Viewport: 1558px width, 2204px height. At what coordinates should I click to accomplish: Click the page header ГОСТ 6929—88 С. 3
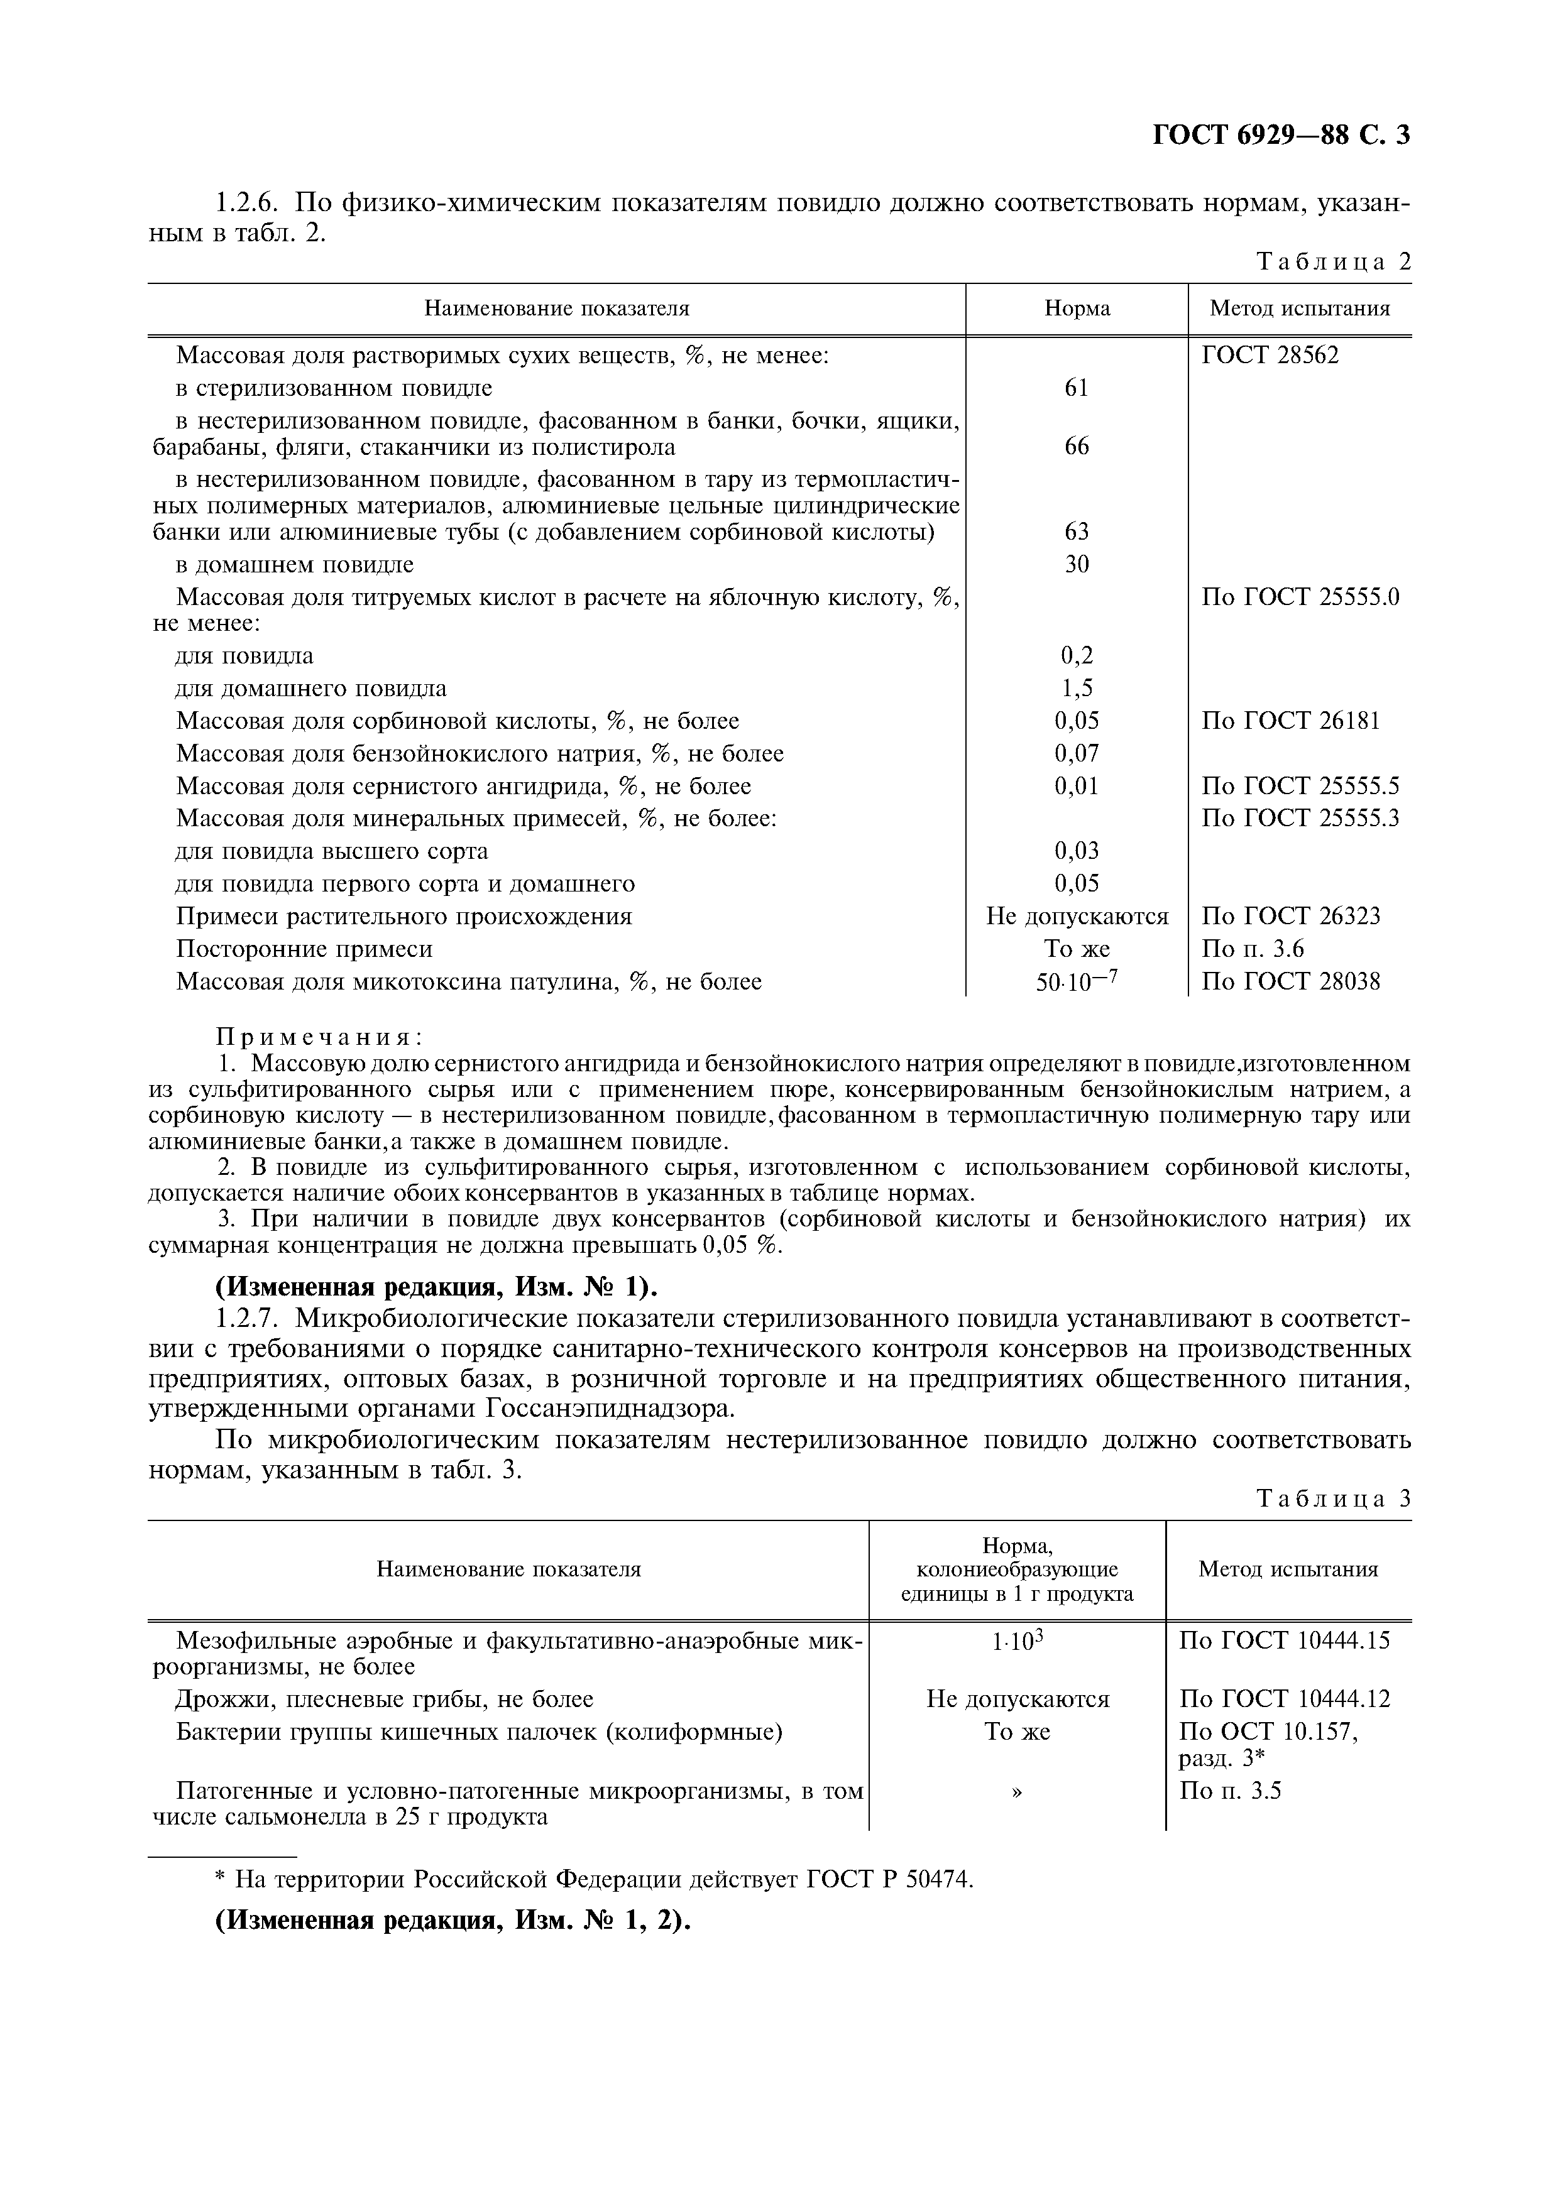(x=1281, y=135)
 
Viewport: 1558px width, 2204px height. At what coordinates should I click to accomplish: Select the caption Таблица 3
(x=1334, y=1500)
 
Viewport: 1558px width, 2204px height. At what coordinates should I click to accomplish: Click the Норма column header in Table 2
(x=1077, y=309)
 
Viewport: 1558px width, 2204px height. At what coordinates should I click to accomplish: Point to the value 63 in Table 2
(x=1077, y=532)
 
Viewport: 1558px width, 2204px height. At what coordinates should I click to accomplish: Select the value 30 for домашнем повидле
(x=1077, y=564)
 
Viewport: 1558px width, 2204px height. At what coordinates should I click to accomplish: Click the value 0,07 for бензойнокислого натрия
(x=1077, y=753)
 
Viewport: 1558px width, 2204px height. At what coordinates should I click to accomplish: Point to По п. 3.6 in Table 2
(x=1253, y=949)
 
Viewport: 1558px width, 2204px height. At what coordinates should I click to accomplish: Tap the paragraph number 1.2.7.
(x=248, y=1318)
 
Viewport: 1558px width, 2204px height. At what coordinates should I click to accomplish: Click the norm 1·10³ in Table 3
(x=1018, y=1642)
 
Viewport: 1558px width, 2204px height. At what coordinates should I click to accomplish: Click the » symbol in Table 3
(x=1018, y=1791)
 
